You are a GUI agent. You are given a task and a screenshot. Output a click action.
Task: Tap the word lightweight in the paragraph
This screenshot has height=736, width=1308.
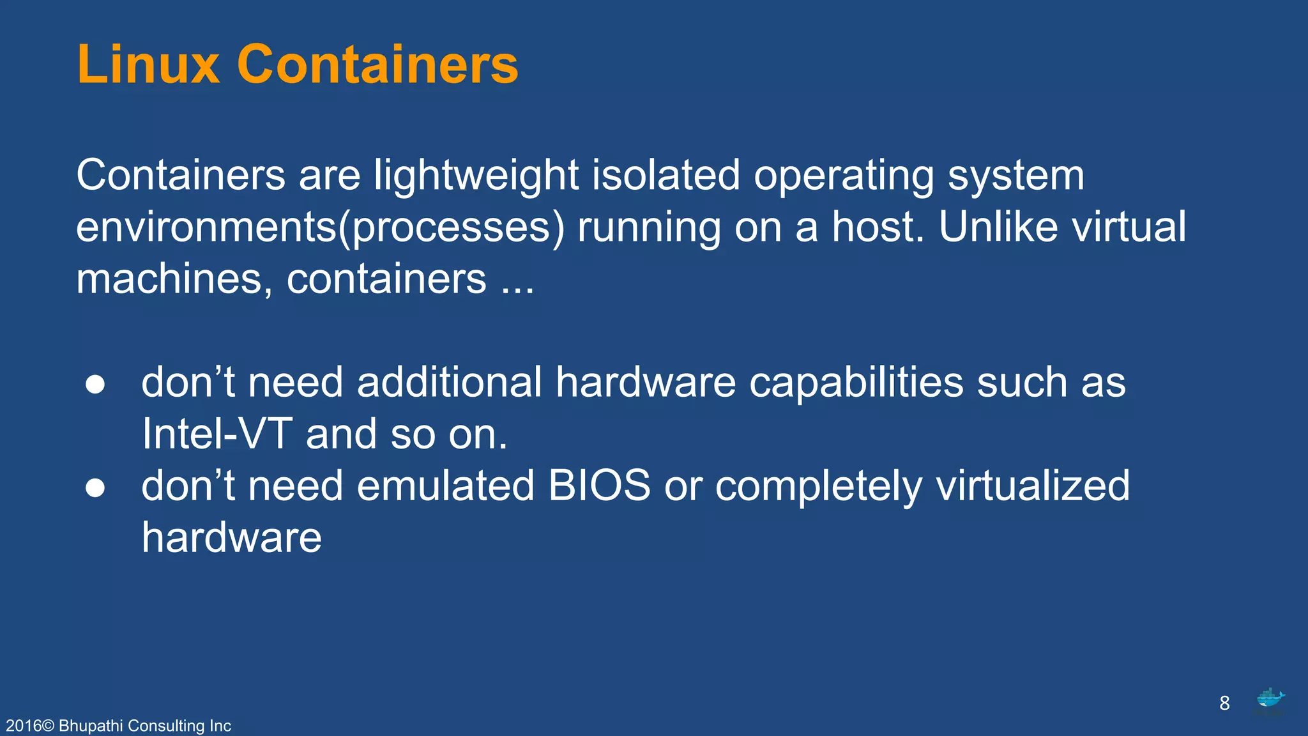[x=476, y=175]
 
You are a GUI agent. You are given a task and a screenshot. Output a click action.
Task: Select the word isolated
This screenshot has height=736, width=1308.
[x=665, y=175]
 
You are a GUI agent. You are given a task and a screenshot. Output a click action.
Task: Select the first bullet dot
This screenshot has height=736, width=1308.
[x=95, y=384]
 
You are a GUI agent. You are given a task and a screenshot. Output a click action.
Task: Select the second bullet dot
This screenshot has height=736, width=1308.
[x=95, y=487]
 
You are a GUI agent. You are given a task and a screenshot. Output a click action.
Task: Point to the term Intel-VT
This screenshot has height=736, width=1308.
[x=217, y=434]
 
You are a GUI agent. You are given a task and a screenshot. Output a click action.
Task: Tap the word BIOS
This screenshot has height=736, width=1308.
[x=599, y=486]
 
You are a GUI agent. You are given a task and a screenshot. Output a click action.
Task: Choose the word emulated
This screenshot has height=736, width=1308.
[x=445, y=486]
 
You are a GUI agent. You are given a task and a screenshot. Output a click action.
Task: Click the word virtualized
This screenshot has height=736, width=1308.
[x=1033, y=486]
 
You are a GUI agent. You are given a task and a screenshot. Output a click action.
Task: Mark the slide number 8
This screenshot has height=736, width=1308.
[x=1224, y=703]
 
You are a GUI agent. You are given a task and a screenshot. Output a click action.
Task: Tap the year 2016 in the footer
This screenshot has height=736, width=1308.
[x=23, y=726]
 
